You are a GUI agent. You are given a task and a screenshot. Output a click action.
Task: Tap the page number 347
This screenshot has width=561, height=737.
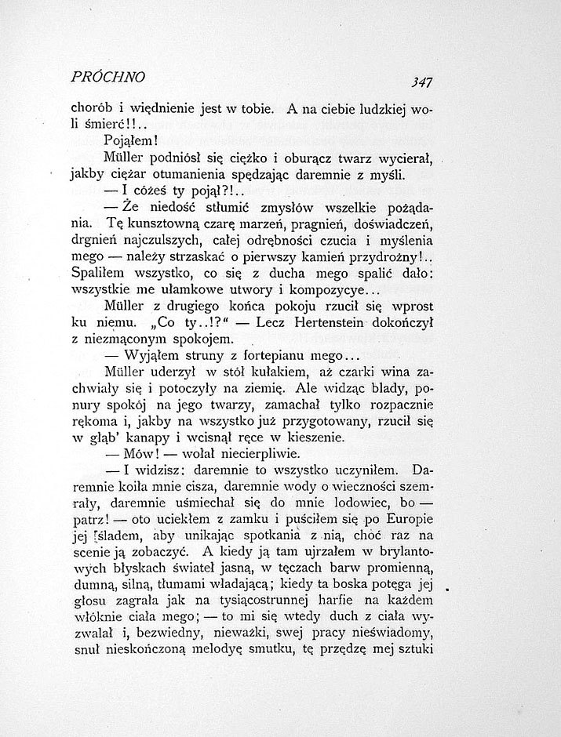click(421, 81)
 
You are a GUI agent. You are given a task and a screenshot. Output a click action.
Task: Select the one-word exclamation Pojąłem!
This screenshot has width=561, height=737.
click(132, 141)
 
